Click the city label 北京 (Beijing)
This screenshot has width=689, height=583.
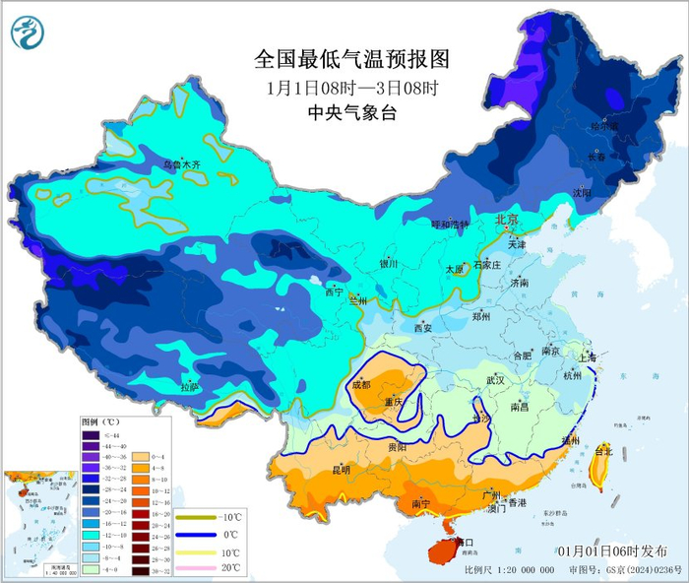pos(506,219)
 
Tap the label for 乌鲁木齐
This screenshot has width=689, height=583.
pos(180,163)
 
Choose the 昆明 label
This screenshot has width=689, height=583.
pos(340,469)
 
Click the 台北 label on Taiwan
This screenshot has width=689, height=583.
pos(602,451)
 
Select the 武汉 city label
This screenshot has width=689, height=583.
pos(494,379)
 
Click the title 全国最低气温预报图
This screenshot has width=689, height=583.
pos(351,59)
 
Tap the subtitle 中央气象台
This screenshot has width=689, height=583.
pos(351,113)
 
